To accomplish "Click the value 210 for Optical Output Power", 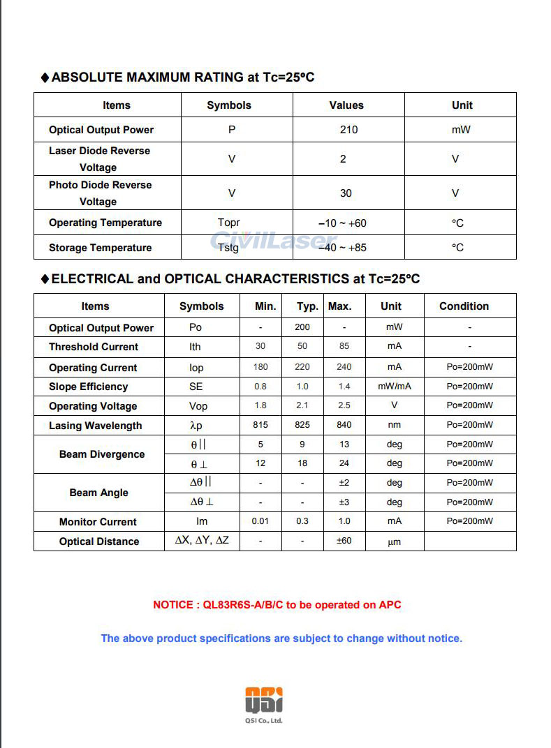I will click(x=348, y=130).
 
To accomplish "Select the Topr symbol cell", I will click(x=228, y=223).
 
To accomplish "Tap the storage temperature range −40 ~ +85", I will click(x=342, y=248).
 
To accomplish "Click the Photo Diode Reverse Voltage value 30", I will click(x=346, y=193).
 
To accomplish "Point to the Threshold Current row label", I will click(x=94, y=347).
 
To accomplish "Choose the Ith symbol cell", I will click(x=195, y=347).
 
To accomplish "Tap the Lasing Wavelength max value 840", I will click(x=344, y=425).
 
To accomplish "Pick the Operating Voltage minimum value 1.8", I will click(x=260, y=405).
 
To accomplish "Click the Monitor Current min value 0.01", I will click(x=260, y=521).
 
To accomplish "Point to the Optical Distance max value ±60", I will click(x=344, y=541).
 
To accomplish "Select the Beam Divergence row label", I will click(x=102, y=454).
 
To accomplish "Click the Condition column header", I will click(x=464, y=306).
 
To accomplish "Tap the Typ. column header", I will click(x=307, y=306).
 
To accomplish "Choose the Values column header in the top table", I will click(x=346, y=105).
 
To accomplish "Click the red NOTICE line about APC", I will click(x=277, y=605).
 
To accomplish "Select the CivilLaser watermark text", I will click(x=274, y=241).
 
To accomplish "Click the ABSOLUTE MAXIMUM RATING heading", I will click(x=183, y=77).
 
